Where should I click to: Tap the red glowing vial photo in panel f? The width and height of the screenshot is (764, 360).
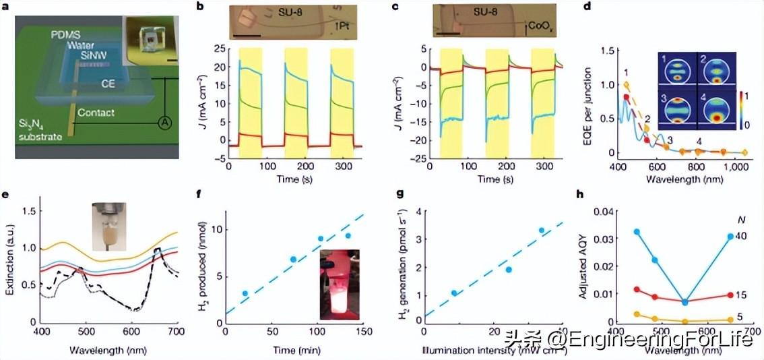coord(340,284)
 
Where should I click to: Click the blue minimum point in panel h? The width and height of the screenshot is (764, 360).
coord(685,301)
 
